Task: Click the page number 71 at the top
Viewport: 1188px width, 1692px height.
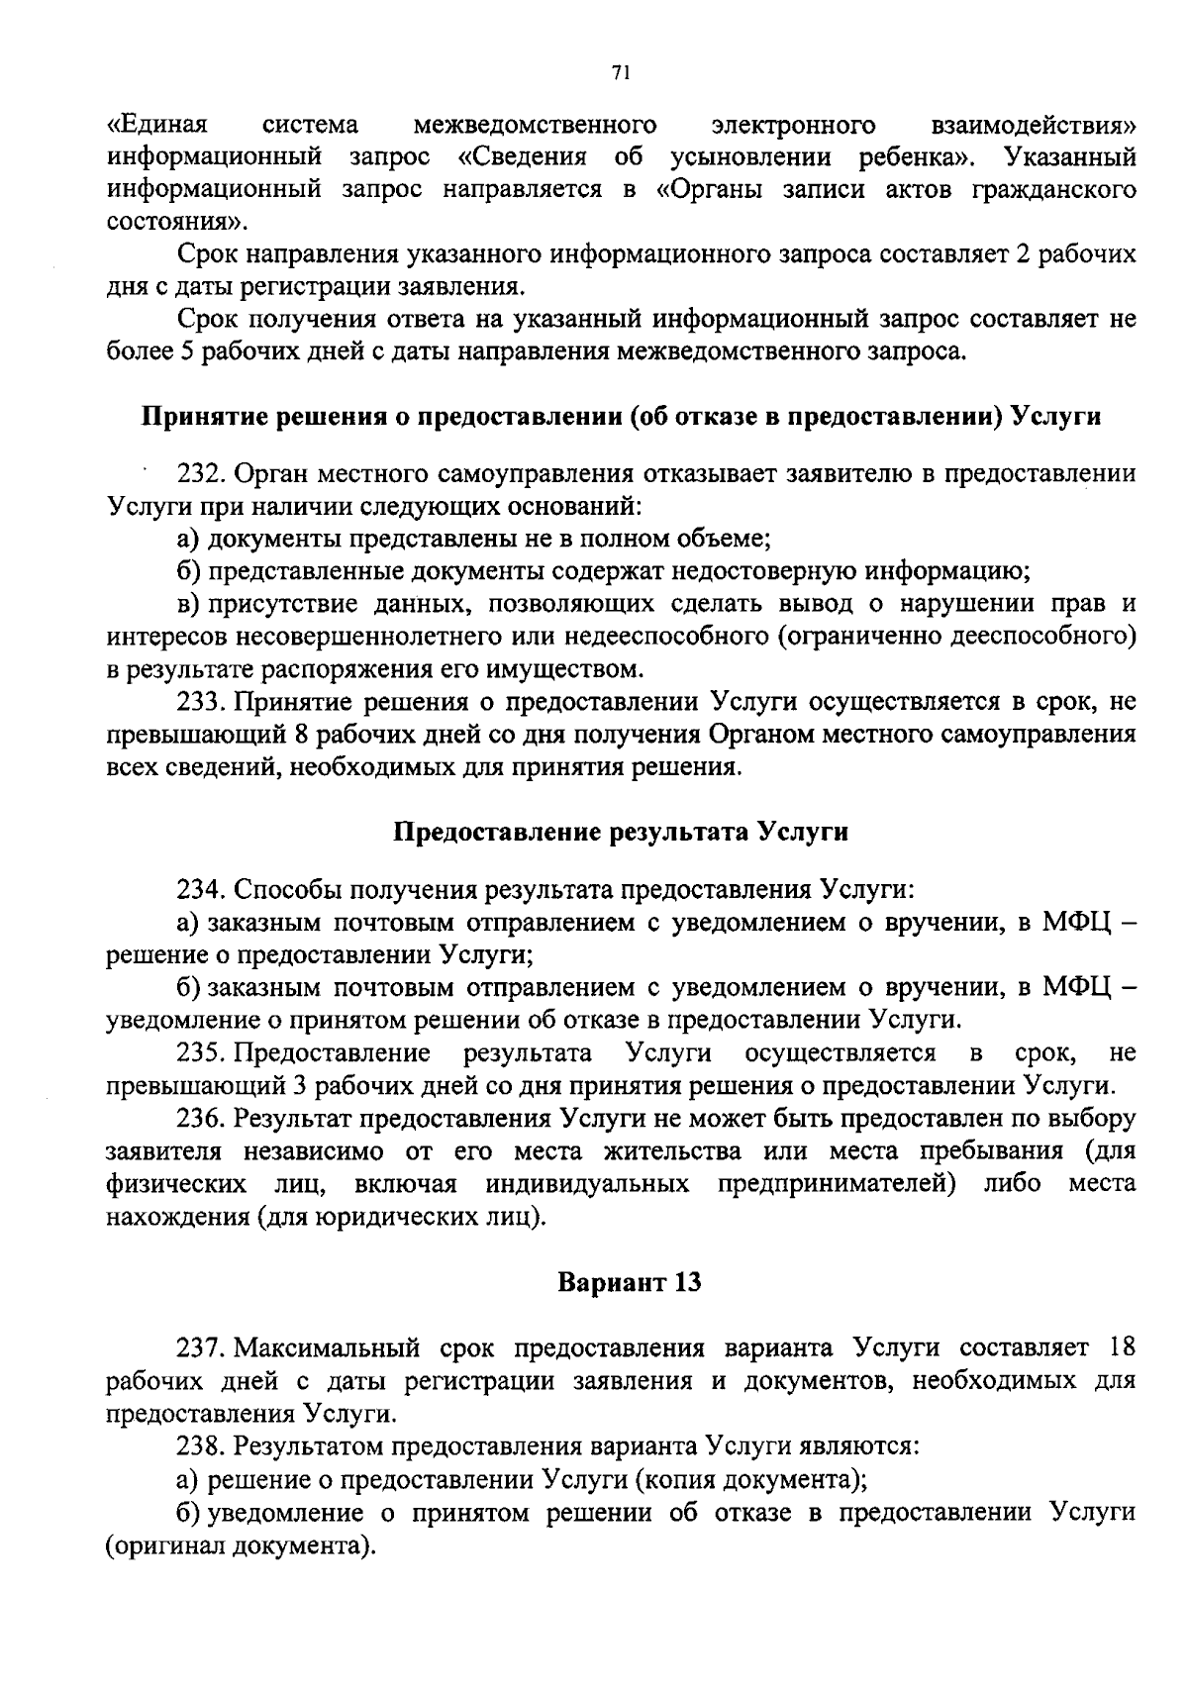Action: click(621, 71)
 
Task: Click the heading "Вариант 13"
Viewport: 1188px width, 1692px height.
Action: click(630, 1282)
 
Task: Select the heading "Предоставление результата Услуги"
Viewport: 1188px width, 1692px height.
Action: click(622, 831)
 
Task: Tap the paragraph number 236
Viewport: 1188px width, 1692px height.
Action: click(204, 1119)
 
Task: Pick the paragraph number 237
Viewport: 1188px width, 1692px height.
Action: click(204, 1347)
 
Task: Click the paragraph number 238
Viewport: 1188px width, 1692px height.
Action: click(204, 1445)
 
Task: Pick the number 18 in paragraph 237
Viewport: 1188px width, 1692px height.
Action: click(1120, 1347)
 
